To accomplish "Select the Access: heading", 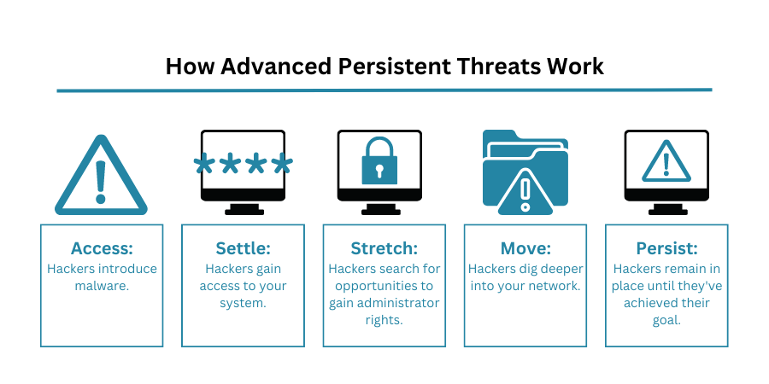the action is [x=102, y=248].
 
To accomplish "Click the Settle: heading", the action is [x=243, y=248].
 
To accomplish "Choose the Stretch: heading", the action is [x=384, y=248].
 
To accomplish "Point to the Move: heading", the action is [x=525, y=248].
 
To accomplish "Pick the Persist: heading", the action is [x=666, y=248].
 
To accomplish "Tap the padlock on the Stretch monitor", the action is [x=379, y=160].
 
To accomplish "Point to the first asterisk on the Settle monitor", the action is [x=204, y=164].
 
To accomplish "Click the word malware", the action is [x=102, y=286].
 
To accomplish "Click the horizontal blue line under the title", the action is [x=384, y=90].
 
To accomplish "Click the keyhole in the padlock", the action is [x=379, y=171].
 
